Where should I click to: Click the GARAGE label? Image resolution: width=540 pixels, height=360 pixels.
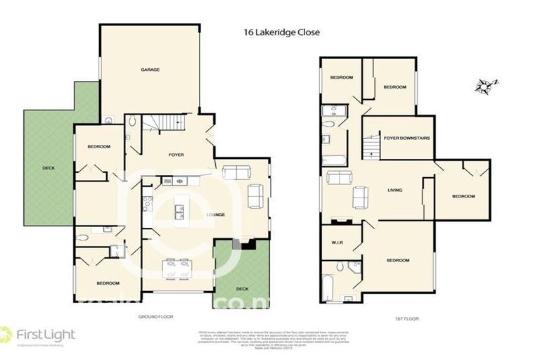(x=150, y=70)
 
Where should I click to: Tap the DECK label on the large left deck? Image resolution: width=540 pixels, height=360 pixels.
(x=48, y=167)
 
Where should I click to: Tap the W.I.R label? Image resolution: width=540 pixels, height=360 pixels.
(x=336, y=244)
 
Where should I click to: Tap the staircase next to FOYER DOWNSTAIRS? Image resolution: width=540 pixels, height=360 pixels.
(x=371, y=148)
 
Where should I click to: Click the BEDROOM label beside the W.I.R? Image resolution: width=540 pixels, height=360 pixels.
(x=397, y=261)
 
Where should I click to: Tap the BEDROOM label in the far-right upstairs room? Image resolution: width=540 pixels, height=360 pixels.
(x=463, y=196)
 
